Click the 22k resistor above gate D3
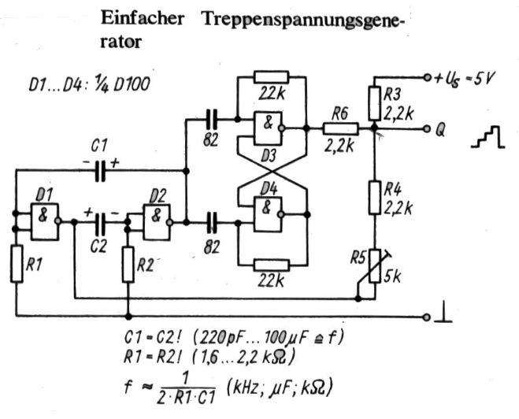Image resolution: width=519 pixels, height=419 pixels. click(271, 77)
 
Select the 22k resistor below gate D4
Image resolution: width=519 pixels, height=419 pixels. click(271, 262)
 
